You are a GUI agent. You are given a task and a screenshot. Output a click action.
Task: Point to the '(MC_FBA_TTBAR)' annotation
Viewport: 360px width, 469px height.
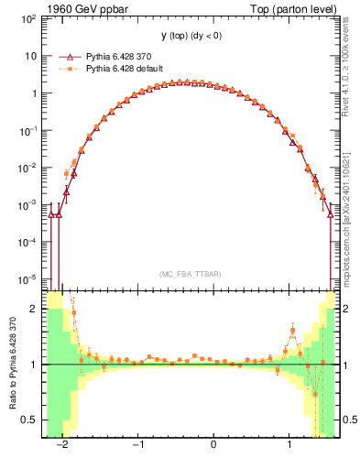[x=190, y=274]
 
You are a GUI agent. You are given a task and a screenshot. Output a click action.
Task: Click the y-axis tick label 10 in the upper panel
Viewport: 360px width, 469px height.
[x=31, y=56]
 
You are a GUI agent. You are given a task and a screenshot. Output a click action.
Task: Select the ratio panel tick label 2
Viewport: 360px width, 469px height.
[x=34, y=309]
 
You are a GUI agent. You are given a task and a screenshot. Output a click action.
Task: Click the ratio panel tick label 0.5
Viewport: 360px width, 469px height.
[x=30, y=420]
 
